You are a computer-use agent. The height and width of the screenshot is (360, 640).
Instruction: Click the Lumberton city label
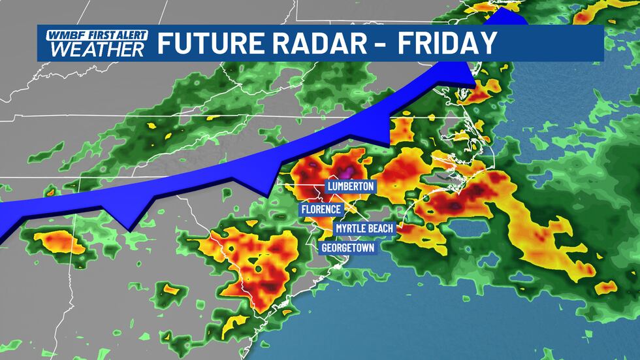pyautogui.click(x=352, y=186)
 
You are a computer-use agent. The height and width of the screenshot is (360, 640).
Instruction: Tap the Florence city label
pyautogui.click(x=321, y=209)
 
